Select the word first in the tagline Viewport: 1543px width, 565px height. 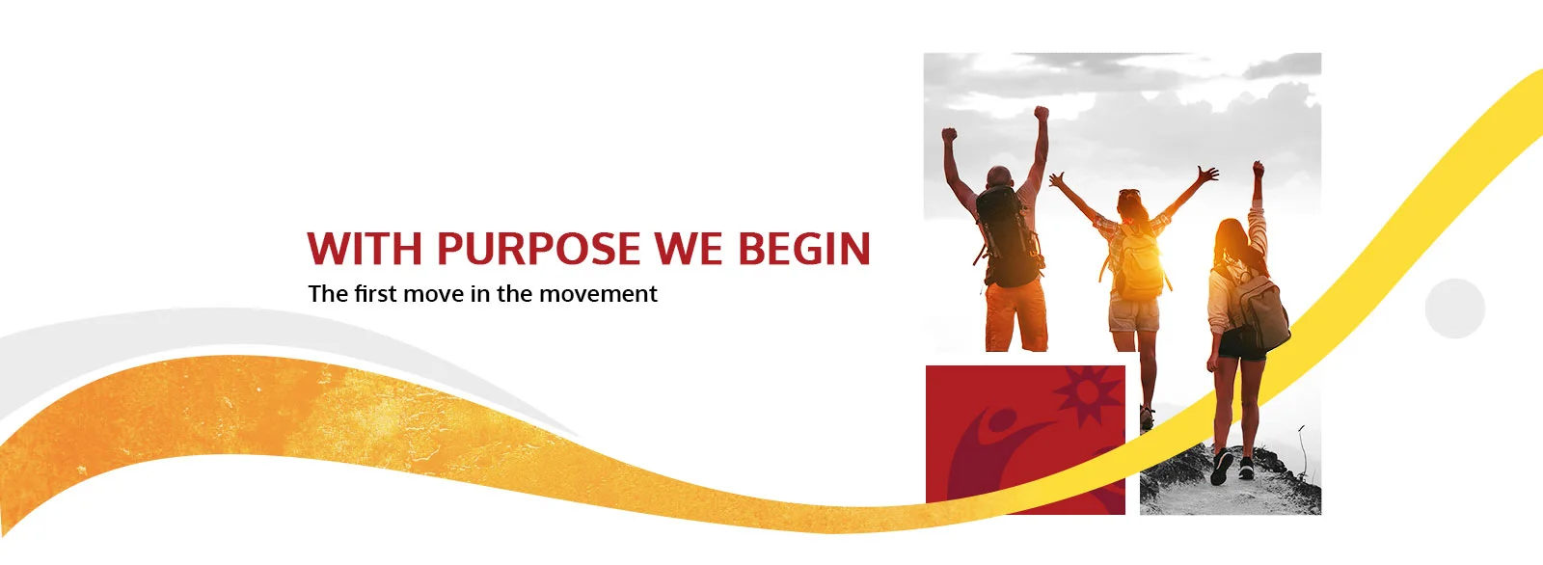click(376, 293)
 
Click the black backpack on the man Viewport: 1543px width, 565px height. click(1008, 236)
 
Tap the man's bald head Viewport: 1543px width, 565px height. click(999, 176)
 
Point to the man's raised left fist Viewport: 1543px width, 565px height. click(949, 135)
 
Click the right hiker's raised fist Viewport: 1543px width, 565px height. click(1259, 168)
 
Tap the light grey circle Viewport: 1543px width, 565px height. click(1455, 308)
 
